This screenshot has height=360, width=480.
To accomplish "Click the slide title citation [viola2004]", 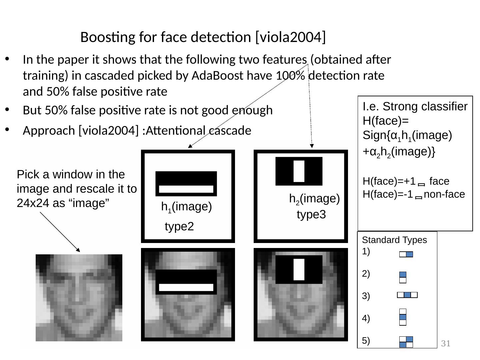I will (290, 37).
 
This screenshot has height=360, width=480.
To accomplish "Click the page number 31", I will (446, 344).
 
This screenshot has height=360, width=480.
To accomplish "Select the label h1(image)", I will (186, 207).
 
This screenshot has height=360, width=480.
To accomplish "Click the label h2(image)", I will (314, 199).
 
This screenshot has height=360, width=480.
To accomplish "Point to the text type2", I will (179, 227).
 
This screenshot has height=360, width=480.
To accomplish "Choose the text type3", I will (311, 215).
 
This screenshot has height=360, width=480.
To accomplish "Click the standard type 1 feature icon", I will (406, 254).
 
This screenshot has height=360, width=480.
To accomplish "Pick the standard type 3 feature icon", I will (407, 295).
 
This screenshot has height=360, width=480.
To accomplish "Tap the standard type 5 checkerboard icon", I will (406, 342).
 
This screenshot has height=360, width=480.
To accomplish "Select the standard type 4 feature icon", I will (403, 317).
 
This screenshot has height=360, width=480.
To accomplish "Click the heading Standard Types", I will (394, 240).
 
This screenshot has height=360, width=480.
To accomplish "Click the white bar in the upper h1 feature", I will (186, 189).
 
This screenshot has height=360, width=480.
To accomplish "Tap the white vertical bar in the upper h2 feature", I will (299, 171).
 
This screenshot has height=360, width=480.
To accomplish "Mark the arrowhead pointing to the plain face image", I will (78, 250).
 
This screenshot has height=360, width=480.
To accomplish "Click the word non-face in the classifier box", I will (444, 194).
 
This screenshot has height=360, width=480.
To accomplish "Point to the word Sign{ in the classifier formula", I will (375, 136).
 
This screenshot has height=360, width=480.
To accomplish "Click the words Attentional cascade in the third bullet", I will (198, 131).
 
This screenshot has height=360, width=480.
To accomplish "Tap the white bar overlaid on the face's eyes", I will (186, 287).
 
